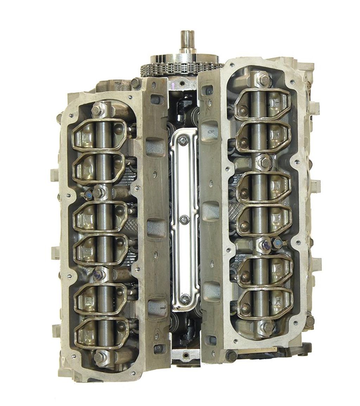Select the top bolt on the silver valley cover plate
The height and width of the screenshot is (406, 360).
tap(183, 141)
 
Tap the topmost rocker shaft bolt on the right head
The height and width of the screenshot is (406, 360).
tap(264, 81)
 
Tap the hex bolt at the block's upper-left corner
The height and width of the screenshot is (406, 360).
tap(136, 83)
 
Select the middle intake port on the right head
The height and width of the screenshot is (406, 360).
tap(211, 210)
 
